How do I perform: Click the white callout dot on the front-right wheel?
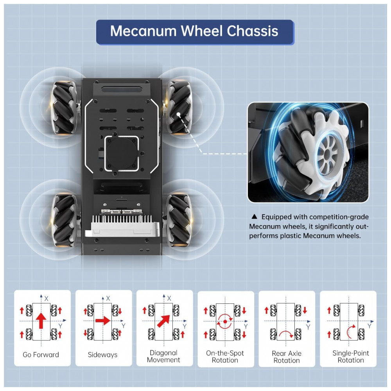point(178,115)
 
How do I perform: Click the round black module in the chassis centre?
point(122,152)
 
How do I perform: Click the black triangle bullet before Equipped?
point(255,216)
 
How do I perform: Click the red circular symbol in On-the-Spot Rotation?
point(225,321)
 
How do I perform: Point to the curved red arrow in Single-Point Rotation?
point(351,331)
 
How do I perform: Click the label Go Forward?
point(41,355)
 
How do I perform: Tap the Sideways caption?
point(102,355)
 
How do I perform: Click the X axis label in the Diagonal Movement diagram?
point(169,298)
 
